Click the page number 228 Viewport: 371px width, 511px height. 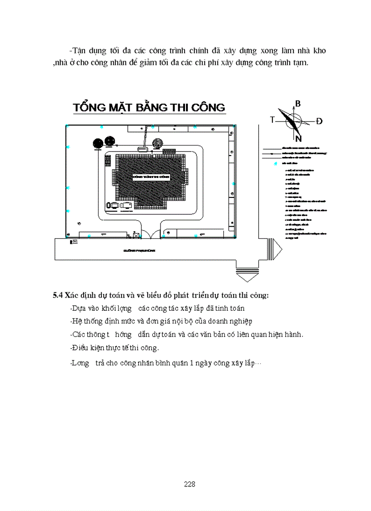coord(190,484)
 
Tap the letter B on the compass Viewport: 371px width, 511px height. coord(298,104)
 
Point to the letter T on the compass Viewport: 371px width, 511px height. coord(272,120)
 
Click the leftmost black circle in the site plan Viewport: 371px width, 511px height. coord(97,143)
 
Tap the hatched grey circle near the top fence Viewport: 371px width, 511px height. coord(157,143)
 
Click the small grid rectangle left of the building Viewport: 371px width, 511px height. coord(107,161)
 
